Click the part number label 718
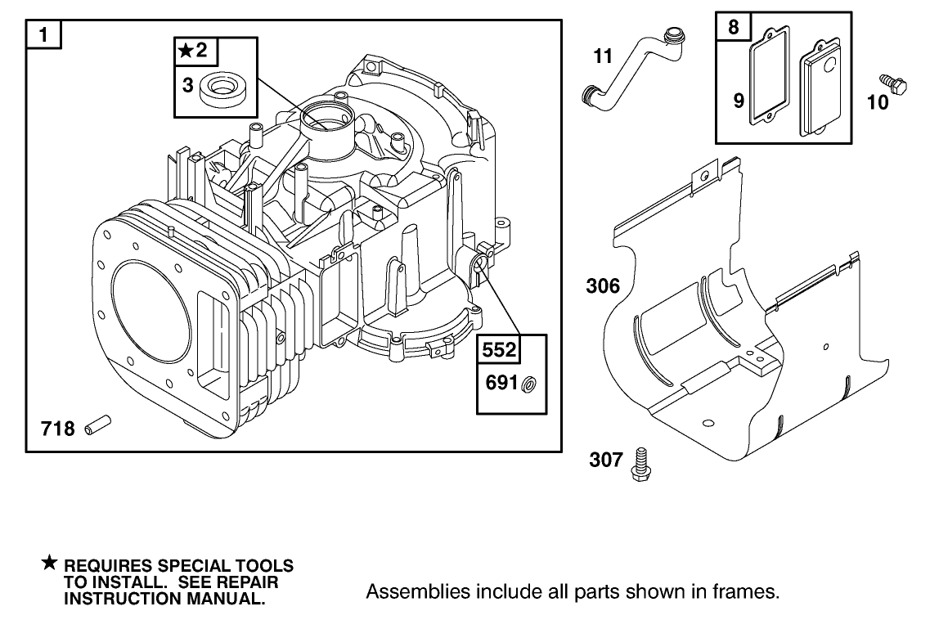(58, 428)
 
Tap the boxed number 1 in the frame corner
(43, 37)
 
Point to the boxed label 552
(498, 350)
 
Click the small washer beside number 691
(528, 383)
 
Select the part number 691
(501, 383)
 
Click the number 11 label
(603, 56)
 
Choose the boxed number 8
(733, 27)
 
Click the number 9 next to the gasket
(738, 101)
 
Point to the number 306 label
(603, 286)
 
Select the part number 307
(606, 461)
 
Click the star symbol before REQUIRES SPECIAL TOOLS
(50, 563)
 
